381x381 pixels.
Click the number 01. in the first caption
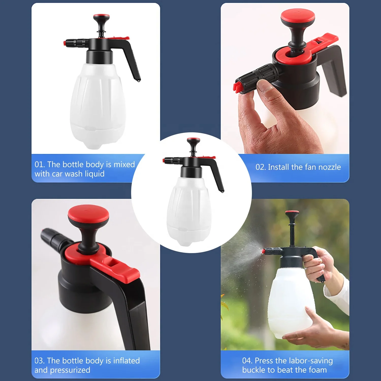(x=40, y=164)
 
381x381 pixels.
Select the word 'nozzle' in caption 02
(x=330, y=167)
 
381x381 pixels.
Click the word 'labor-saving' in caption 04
(x=311, y=361)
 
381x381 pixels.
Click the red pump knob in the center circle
(x=193, y=140)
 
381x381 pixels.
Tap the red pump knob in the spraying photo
(x=292, y=212)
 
